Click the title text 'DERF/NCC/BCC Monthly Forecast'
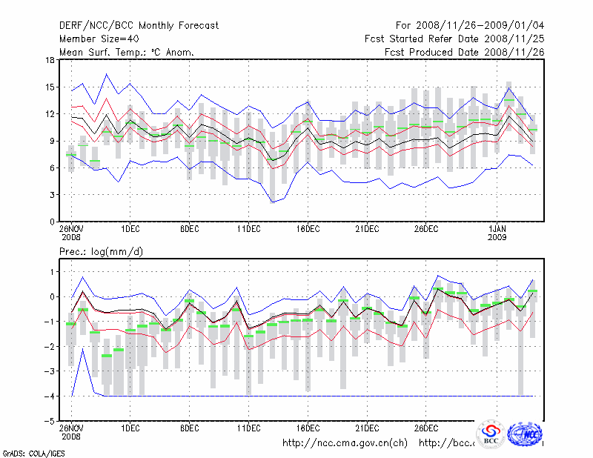click(139, 25)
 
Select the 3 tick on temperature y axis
click(52, 195)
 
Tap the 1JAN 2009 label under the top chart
click(498, 233)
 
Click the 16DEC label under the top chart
click(308, 229)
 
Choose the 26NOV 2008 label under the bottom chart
click(71, 432)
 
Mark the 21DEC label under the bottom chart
click(367, 428)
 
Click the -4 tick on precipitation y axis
click(50, 396)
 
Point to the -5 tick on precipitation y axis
click(50, 421)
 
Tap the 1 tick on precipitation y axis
click(52, 272)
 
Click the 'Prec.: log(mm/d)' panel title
click(101, 252)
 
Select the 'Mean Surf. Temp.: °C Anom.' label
click(127, 52)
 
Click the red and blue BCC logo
click(491, 434)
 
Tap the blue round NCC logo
click(527, 434)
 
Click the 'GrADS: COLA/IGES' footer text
click(33, 452)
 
